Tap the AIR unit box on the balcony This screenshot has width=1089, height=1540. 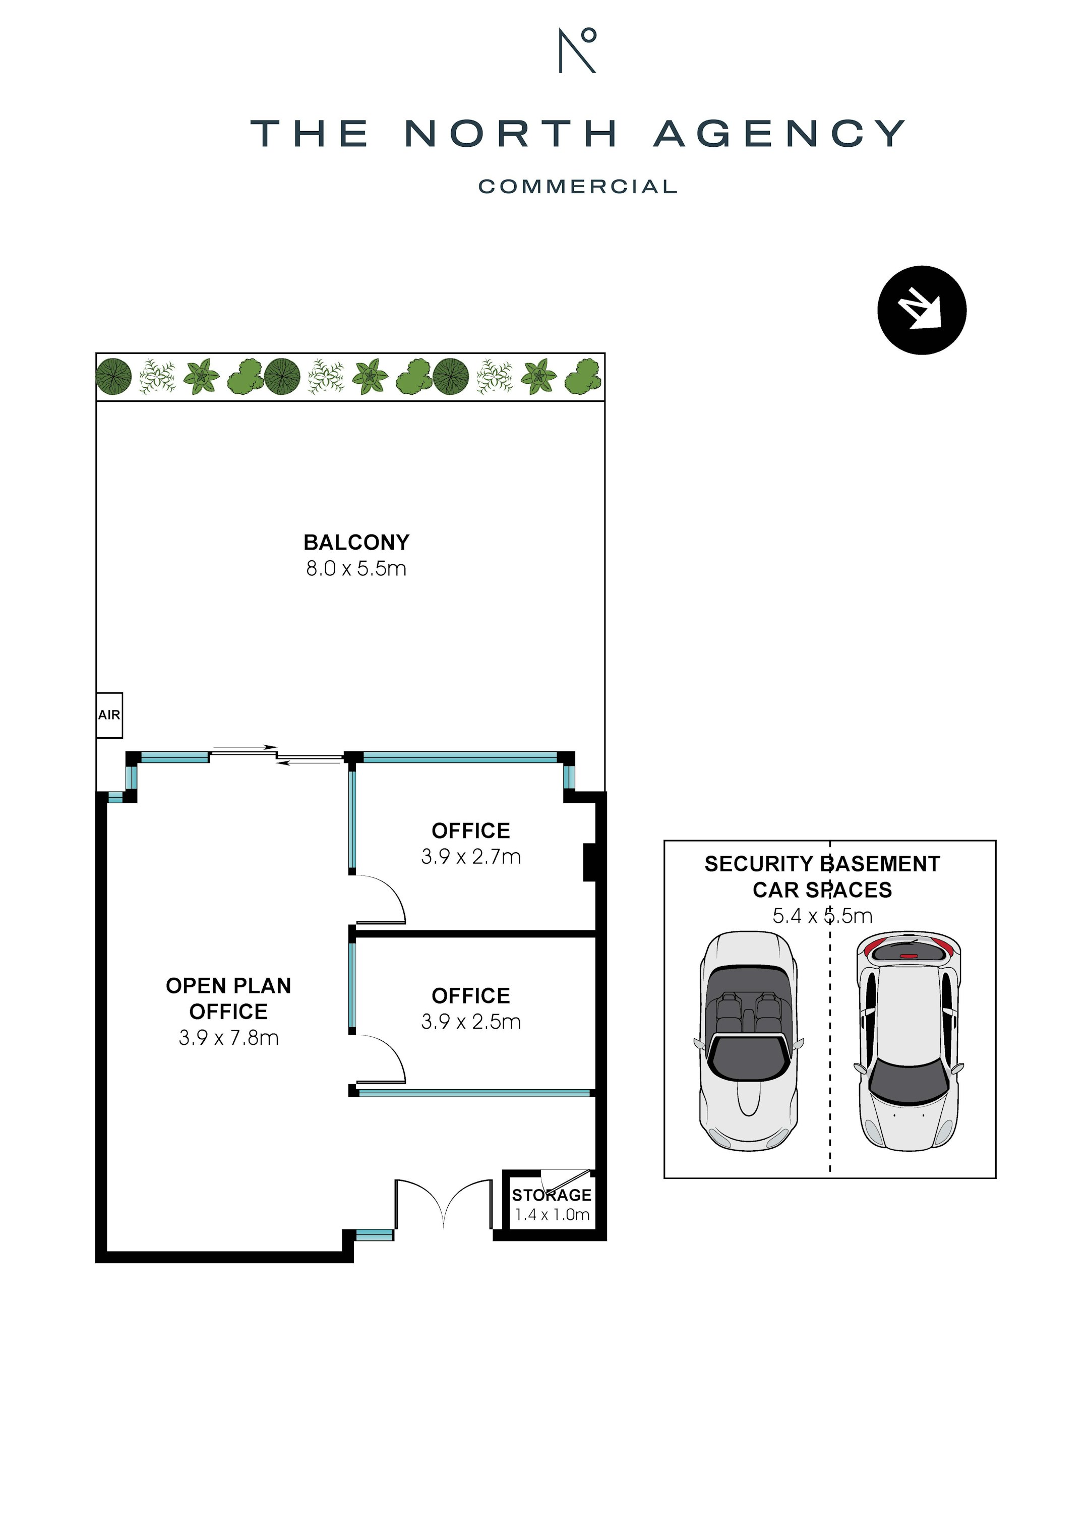tap(109, 715)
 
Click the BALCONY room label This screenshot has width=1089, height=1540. tap(356, 542)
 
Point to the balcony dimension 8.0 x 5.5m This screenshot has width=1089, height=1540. tap(356, 569)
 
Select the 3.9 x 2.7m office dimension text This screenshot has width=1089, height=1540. tap(471, 857)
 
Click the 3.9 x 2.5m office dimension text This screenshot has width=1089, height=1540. tap(471, 1022)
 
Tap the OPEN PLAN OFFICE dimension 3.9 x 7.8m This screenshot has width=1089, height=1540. tap(229, 1038)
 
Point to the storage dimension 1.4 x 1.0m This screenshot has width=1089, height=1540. tap(552, 1215)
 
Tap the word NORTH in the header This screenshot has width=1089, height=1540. tap(510, 134)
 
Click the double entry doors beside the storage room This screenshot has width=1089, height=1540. tap(443, 1204)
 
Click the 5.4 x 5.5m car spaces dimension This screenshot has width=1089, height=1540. tap(822, 916)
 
